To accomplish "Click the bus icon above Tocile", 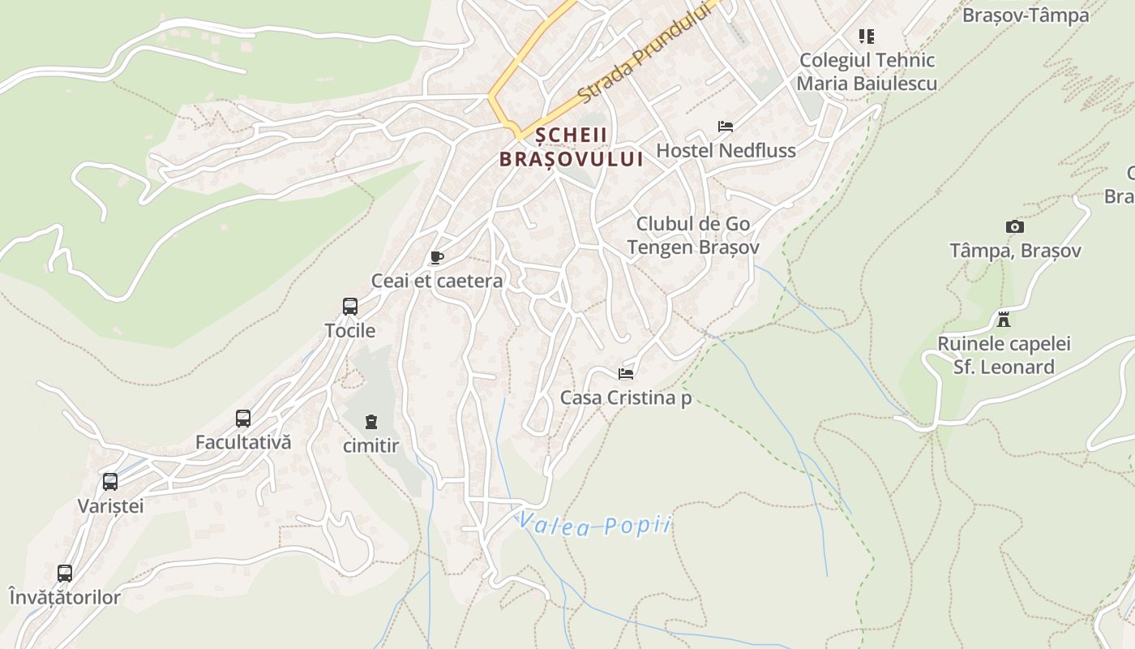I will pyautogui.click(x=350, y=307).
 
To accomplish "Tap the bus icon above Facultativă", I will pyautogui.click(x=243, y=419).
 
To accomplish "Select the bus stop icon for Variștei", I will pyautogui.click(x=110, y=482).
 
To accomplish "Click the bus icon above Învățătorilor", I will pyautogui.click(x=65, y=574).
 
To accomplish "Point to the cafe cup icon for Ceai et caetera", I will pyautogui.click(x=437, y=258).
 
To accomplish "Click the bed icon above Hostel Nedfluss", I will pyautogui.click(x=726, y=127).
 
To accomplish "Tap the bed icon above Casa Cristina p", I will pyautogui.click(x=626, y=374).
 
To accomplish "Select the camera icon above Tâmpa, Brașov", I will pyautogui.click(x=1014, y=227).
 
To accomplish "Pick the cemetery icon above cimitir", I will pyautogui.click(x=371, y=422).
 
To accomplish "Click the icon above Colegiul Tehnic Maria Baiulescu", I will pyautogui.click(x=867, y=37).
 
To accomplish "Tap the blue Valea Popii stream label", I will pyautogui.click(x=595, y=525).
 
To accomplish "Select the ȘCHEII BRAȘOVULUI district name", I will pyautogui.click(x=571, y=148).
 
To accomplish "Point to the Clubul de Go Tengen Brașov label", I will pyautogui.click(x=693, y=235).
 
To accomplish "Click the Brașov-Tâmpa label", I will pyautogui.click(x=1025, y=15).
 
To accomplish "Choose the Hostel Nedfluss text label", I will pyautogui.click(x=726, y=150).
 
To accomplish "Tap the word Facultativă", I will pyautogui.click(x=243, y=443).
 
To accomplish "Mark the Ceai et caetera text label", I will pyautogui.click(x=437, y=282).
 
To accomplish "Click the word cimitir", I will pyautogui.click(x=371, y=445).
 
